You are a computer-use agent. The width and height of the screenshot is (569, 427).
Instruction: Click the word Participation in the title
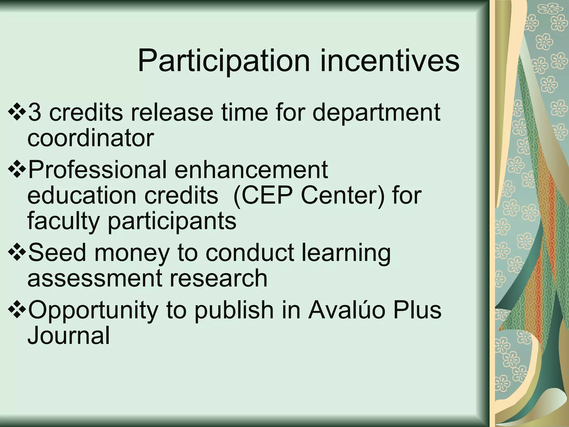tap(224, 61)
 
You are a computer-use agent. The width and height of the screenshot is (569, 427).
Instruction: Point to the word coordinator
tap(91, 138)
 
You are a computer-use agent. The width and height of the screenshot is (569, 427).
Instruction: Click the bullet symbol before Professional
tap(17, 170)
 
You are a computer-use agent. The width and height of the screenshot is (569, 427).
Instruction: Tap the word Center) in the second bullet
tap(343, 195)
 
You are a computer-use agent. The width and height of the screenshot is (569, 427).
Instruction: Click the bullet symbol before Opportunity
tap(17, 310)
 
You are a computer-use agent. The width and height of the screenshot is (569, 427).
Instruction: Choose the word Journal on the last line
tap(69, 336)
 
